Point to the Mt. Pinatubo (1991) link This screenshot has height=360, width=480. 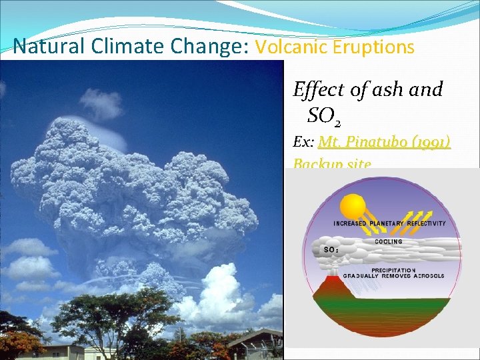tap(384, 142)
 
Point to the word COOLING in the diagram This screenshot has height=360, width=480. tap(388, 241)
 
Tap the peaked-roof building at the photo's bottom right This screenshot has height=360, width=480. tap(257, 343)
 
